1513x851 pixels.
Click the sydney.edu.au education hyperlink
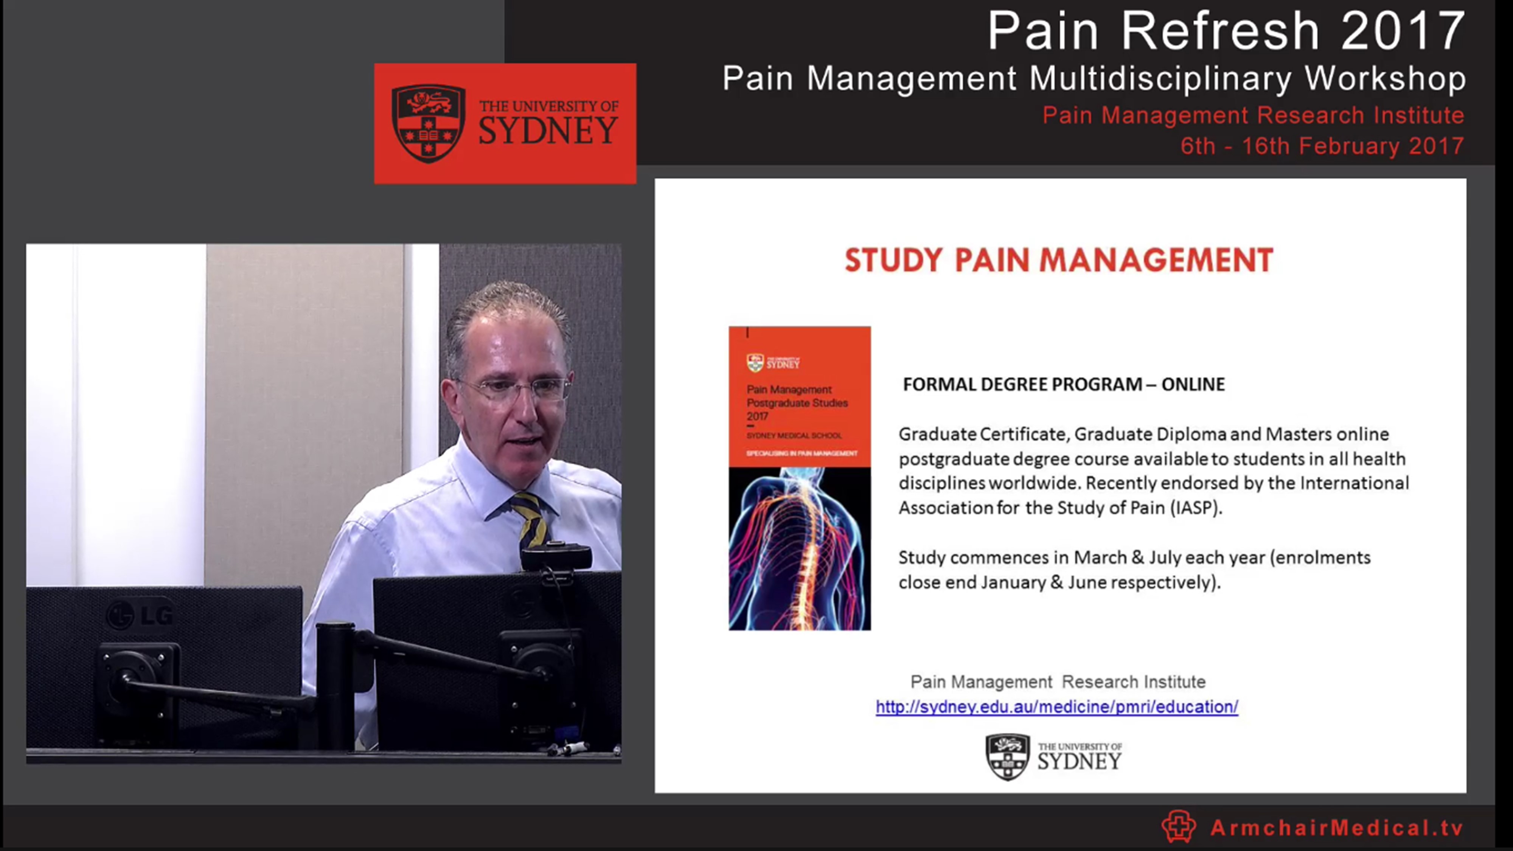pos(1056,707)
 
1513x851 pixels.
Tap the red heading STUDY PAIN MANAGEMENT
pos(1058,260)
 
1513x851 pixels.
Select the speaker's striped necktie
pos(529,520)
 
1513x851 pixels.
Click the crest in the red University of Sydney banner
pos(428,123)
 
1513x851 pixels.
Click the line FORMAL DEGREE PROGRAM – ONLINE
pos(1064,384)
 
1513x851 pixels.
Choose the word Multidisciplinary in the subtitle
pos(1160,78)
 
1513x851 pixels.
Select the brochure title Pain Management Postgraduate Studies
pos(797,402)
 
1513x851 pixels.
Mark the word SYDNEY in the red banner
pos(548,131)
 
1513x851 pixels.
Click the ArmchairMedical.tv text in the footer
pos(1337,828)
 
